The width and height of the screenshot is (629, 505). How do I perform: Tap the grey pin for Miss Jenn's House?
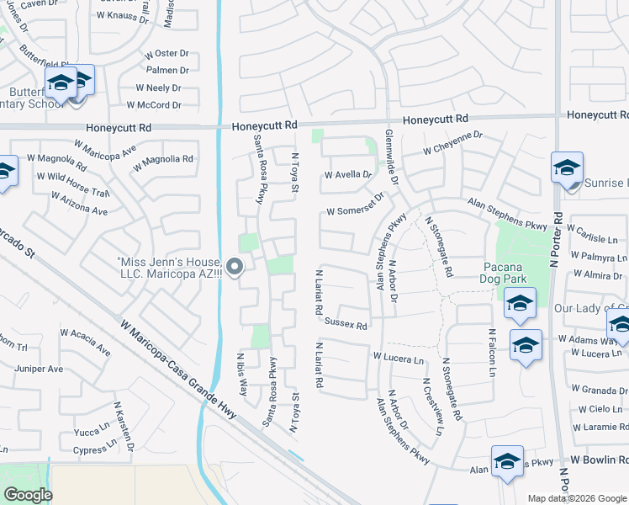(235, 268)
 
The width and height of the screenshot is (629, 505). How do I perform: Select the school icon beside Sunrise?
(567, 167)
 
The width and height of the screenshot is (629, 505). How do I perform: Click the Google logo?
(28, 496)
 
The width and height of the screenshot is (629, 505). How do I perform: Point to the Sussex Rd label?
(346, 324)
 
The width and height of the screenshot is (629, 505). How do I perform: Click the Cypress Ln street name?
(90, 450)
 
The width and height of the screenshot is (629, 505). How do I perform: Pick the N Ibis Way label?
(241, 375)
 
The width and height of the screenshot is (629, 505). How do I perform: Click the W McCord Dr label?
(154, 105)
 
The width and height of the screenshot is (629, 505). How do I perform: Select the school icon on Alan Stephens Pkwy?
(507, 461)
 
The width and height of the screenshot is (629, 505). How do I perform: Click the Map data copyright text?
(577, 498)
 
